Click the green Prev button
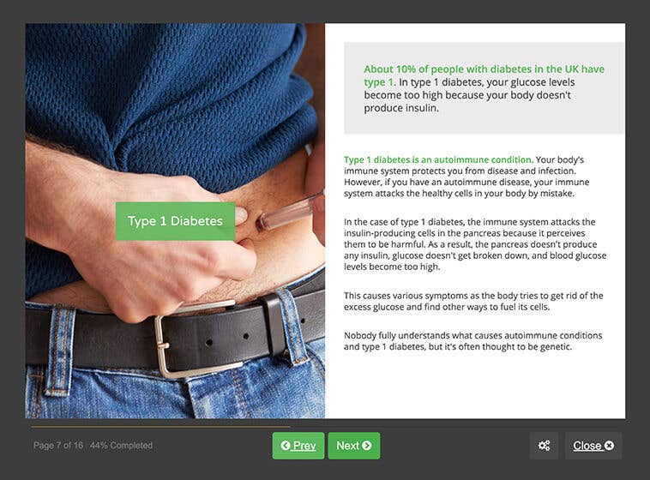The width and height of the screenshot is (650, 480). pos(298,446)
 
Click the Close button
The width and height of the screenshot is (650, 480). pos(593,446)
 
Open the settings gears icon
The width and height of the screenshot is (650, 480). pos(544,446)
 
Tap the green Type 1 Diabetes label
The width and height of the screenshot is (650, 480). pos(175,221)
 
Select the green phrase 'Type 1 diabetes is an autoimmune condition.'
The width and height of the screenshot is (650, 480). pos(438,159)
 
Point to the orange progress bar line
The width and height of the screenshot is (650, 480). pos(160,426)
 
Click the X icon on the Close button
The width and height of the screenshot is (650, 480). pos(609,446)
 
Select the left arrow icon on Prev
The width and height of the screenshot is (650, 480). pos(286,446)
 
